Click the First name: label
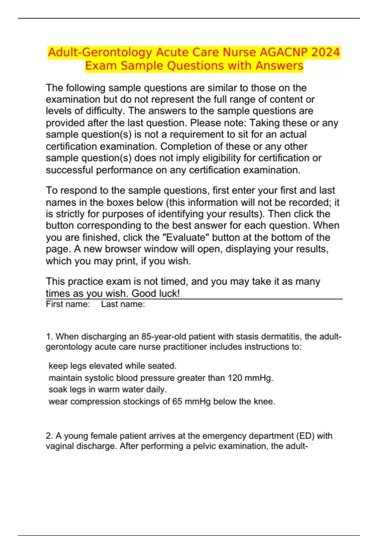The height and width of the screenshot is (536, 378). point(68,304)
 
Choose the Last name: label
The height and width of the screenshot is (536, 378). point(123,304)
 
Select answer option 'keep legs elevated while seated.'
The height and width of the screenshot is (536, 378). point(112,366)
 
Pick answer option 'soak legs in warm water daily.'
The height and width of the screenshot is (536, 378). point(107,390)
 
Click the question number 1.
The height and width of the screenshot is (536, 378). point(49,337)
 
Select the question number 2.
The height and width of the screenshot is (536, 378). point(49,436)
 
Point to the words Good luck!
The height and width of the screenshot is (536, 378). point(156,294)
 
